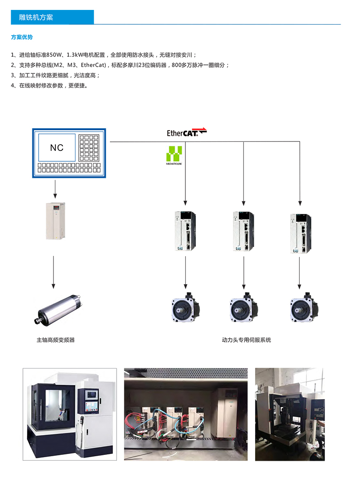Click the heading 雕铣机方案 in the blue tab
pyautogui.click(x=36, y=18)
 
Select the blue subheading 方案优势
pyautogui.click(x=22, y=37)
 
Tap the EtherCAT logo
pyautogui.click(x=186, y=132)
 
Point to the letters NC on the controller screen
pyautogui.click(x=57, y=148)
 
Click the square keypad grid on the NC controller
pyautogui.click(x=89, y=148)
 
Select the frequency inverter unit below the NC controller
pyautogui.click(x=55, y=221)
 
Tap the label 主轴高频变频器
pyautogui.click(x=55, y=340)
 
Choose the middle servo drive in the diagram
pyautogui.click(x=243, y=231)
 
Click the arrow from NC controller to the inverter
pyautogui.click(x=55, y=189)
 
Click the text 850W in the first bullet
pyautogui.click(x=54, y=55)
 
